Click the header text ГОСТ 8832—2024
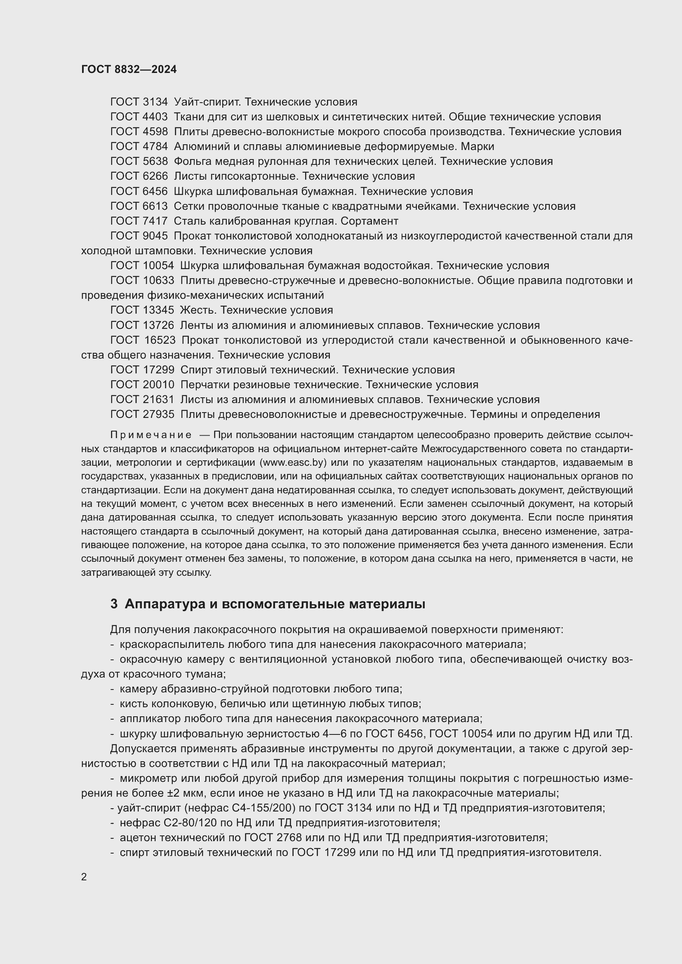(129, 70)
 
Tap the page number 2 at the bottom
(84, 877)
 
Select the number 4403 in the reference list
(155, 117)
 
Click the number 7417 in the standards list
(155, 221)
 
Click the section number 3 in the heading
(114, 604)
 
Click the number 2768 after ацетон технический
(289, 837)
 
